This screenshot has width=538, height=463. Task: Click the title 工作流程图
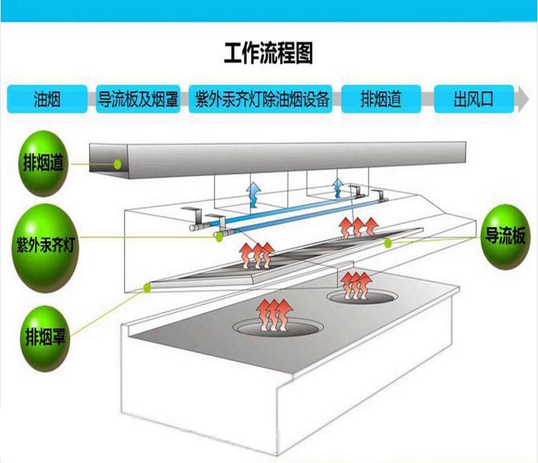coord(268,54)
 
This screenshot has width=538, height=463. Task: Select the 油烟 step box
coord(48,99)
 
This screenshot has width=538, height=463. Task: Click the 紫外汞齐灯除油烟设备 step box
coord(263,99)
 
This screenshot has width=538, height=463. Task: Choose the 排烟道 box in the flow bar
coord(381,99)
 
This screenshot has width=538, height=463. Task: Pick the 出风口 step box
coord(473,99)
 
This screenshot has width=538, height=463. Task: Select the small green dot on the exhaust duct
coord(118,164)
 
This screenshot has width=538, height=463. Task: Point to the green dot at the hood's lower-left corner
coord(148,288)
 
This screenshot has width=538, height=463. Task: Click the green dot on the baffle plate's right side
coord(388,243)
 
